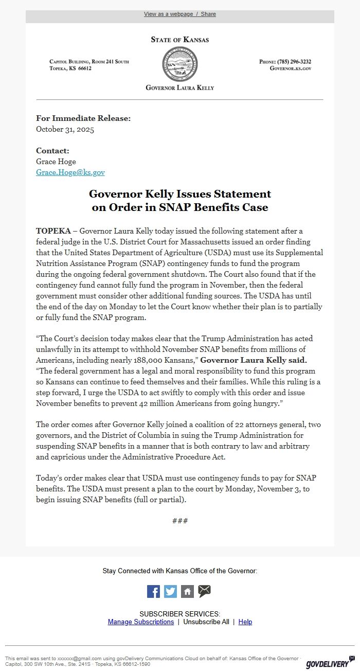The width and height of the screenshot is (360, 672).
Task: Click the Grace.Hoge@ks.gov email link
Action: [70, 172]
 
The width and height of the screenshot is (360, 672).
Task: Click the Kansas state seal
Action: [179, 64]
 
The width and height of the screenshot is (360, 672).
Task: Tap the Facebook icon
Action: [153, 591]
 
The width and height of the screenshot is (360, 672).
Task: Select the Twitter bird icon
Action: [170, 591]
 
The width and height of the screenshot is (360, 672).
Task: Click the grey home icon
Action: [187, 591]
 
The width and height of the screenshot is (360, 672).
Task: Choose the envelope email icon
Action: [204, 591]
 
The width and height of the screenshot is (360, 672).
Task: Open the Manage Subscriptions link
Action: [141, 622]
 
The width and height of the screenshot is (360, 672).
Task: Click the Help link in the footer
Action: [245, 622]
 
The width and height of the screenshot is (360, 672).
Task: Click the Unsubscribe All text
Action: [206, 622]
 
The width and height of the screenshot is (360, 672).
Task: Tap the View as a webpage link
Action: [168, 14]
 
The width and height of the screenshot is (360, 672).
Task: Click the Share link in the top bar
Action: [208, 14]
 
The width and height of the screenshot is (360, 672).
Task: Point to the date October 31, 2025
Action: [65, 130]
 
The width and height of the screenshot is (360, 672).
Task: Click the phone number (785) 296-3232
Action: [294, 62]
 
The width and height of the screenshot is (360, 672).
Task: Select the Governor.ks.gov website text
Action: [291, 68]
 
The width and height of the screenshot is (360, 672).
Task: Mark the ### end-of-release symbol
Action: [180, 521]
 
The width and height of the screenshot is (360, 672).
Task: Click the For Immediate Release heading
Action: [83, 118]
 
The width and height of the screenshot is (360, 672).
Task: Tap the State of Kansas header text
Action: [180, 40]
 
